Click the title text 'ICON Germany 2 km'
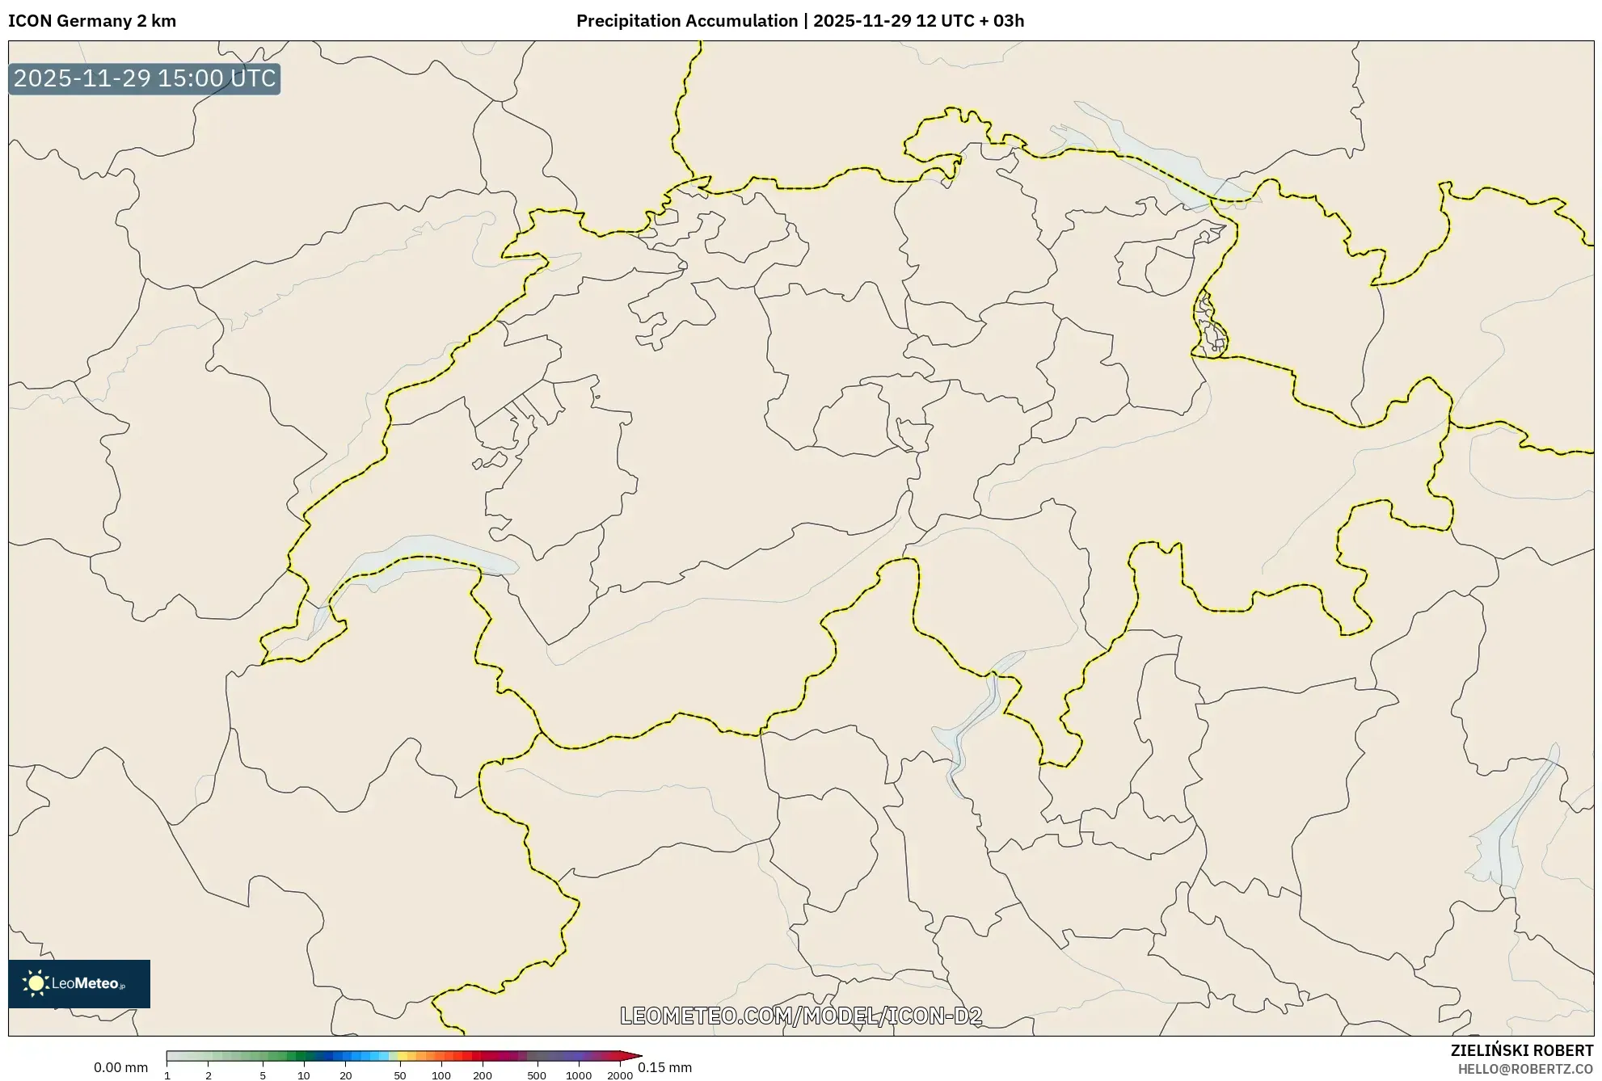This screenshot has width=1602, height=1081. [x=92, y=21]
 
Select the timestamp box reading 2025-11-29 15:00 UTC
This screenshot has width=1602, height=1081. [x=145, y=78]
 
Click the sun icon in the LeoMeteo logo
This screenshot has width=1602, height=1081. [x=36, y=983]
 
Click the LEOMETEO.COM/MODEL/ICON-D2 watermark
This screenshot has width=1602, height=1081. [x=800, y=1016]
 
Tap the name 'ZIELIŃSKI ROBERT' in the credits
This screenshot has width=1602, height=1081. [x=1521, y=1050]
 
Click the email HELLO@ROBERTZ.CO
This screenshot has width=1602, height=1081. [x=1525, y=1069]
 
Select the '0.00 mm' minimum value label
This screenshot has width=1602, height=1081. [x=120, y=1067]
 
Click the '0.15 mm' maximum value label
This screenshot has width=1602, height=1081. [x=664, y=1067]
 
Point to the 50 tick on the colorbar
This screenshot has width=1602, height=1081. [x=400, y=1075]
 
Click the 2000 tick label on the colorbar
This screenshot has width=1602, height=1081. [x=620, y=1075]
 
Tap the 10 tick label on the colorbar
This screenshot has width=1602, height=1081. [x=304, y=1075]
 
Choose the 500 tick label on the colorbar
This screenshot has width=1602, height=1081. [x=537, y=1075]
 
